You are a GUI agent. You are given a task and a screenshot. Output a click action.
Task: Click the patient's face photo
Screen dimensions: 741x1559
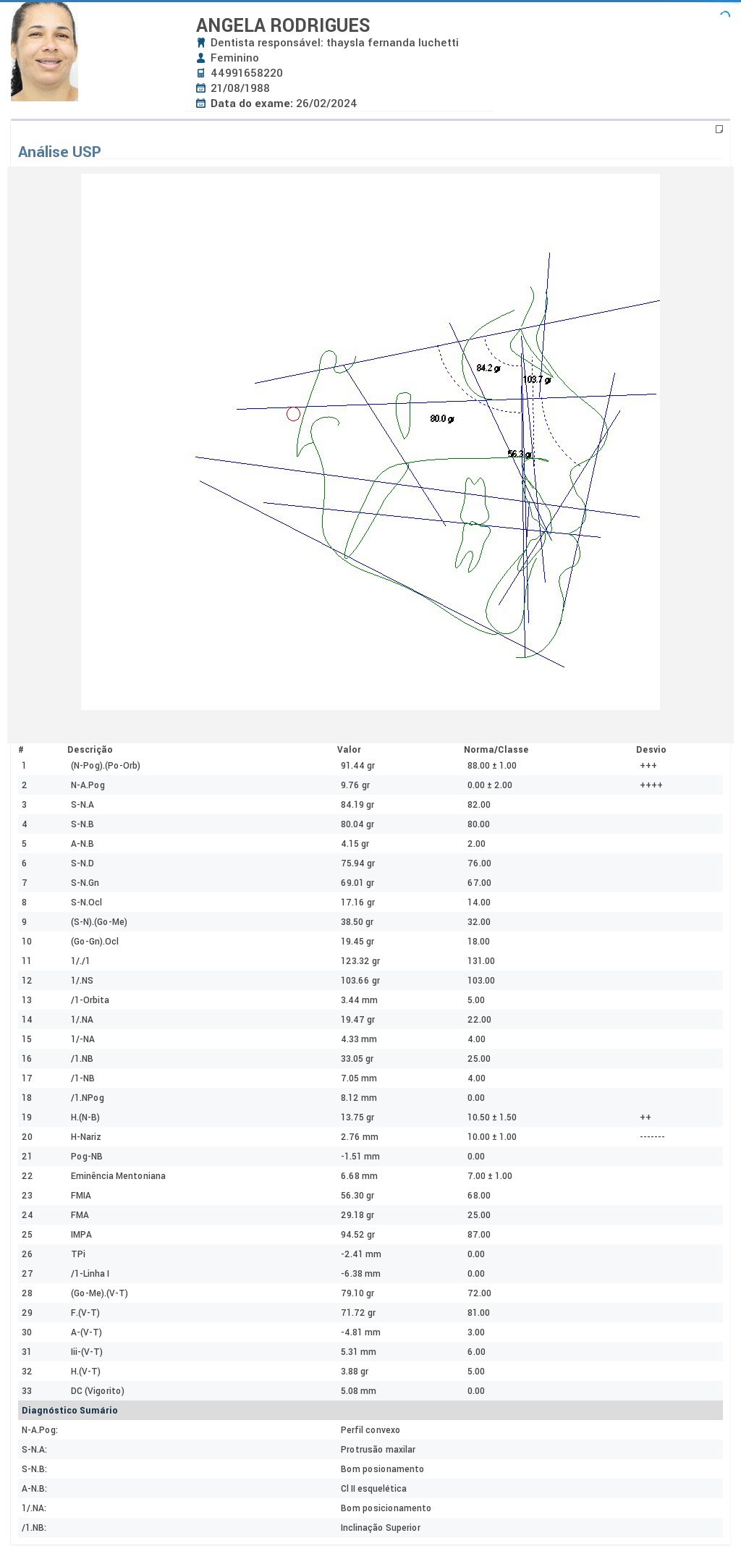44,51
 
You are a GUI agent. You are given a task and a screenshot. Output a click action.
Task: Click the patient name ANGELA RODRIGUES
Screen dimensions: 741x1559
283,25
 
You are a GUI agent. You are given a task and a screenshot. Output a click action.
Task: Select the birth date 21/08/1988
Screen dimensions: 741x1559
240,88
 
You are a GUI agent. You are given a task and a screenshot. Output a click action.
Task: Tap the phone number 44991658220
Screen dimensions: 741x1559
247,73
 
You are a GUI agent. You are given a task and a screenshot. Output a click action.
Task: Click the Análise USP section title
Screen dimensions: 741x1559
59,152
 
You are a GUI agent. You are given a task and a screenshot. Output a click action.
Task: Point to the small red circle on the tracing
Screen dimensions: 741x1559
293,414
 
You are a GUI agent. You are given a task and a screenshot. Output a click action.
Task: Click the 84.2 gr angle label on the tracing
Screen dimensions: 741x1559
488,368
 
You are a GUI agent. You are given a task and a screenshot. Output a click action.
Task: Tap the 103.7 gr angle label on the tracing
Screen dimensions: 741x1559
537,379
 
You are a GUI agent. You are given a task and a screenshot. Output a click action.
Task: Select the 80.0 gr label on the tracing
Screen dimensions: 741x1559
442,418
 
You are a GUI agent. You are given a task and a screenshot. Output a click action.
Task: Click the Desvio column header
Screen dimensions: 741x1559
651,750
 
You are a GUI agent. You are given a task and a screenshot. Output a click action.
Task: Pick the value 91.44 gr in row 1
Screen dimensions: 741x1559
357,766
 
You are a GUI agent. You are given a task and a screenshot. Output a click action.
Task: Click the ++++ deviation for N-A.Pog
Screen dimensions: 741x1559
651,785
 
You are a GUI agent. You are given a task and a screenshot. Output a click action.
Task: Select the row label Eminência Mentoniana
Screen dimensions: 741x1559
118,1176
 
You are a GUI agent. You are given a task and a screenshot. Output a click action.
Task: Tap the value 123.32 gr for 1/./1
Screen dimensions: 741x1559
360,961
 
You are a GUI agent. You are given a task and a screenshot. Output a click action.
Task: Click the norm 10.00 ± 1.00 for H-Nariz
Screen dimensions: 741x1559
492,1137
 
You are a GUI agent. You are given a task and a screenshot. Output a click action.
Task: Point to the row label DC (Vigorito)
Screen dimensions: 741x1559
98,1391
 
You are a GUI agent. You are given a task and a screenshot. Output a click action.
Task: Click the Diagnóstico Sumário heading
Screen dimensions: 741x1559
69,1411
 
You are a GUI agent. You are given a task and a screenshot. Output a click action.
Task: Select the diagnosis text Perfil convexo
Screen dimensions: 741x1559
370,1430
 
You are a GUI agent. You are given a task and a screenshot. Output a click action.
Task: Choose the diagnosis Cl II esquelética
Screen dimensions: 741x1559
373,1489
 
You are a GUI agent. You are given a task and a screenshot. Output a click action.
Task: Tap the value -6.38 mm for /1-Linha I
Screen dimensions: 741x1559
360,1274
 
